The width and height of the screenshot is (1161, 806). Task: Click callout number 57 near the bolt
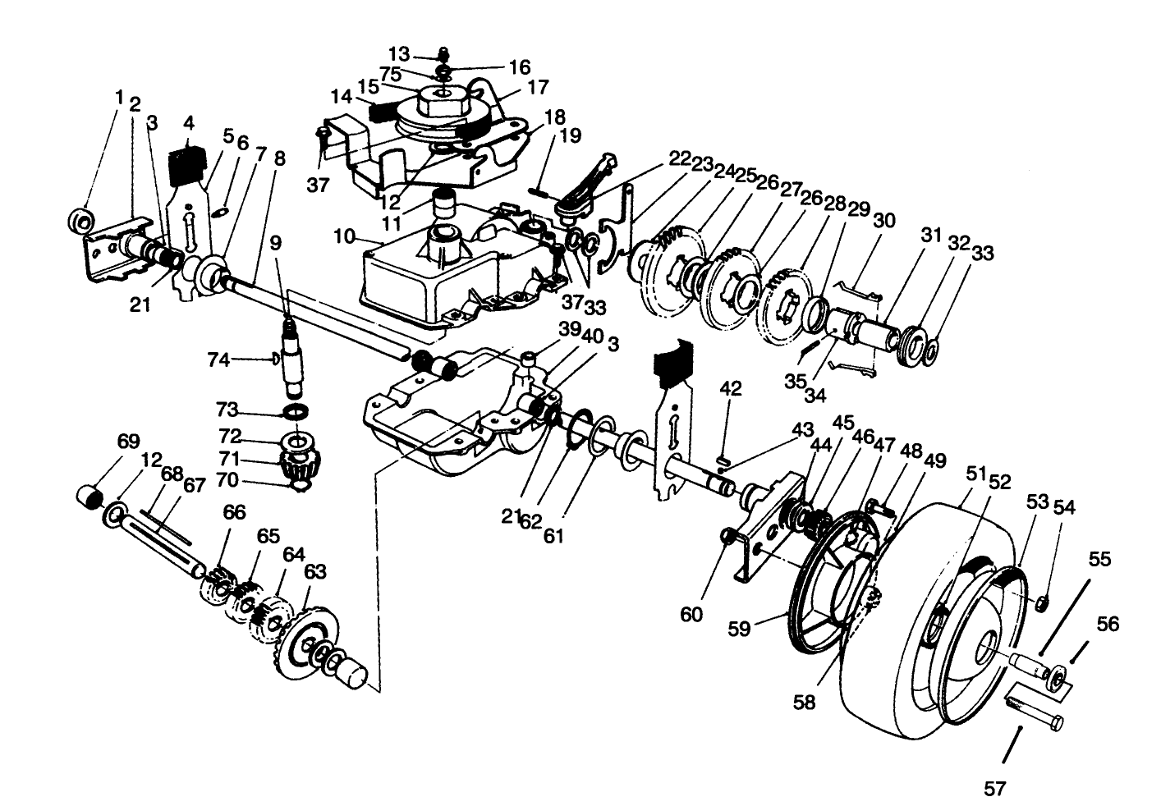tap(994, 790)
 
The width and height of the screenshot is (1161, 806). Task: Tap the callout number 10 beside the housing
tap(344, 237)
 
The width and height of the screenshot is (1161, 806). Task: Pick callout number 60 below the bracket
tap(691, 613)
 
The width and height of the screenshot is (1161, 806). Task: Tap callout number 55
tap(1099, 560)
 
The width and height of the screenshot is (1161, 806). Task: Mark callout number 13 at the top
tap(399, 54)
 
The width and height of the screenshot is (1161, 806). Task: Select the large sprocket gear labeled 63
tap(310, 641)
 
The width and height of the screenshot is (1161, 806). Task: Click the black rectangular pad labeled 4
tap(186, 166)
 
